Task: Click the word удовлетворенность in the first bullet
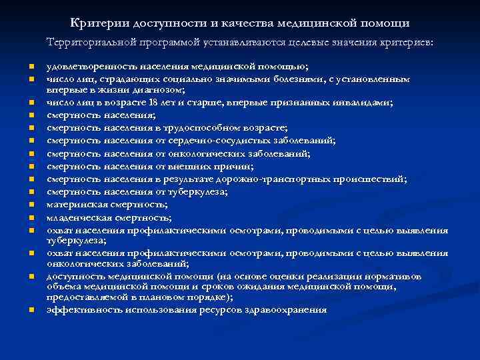coord(89,66)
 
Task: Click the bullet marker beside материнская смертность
coord(31,205)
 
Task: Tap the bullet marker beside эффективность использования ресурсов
coord(31,311)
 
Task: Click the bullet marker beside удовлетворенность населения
coord(31,67)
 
